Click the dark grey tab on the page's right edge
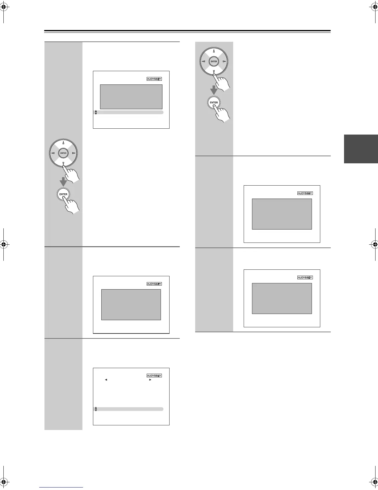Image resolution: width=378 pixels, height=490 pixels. pyautogui.click(x=361, y=149)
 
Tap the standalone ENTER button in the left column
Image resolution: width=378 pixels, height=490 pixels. pyautogui.click(x=63, y=194)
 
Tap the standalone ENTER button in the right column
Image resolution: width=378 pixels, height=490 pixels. pyautogui.click(x=214, y=102)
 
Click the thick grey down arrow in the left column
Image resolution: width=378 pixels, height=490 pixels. pyautogui.click(x=63, y=182)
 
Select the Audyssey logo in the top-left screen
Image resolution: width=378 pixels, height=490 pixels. pyautogui.click(x=154, y=79)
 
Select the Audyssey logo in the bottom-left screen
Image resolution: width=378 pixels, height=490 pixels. pyautogui.click(x=154, y=376)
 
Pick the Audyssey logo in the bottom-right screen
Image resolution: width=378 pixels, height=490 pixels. pyautogui.click(x=305, y=277)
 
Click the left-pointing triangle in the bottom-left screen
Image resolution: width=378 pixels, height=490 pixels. pyautogui.click(x=106, y=380)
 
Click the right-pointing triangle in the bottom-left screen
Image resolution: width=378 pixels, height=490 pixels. pyautogui.click(x=150, y=380)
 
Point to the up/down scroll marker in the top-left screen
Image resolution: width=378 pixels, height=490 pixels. pyautogui.click(x=96, y=112)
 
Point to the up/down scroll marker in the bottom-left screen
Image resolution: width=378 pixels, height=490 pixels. pyautogui.click(x=96, y=409)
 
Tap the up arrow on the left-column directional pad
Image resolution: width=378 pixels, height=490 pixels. pyautogui.click(x=63, y=143)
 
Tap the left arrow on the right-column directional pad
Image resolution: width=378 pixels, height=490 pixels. pyautogui.click(x=204, y=62)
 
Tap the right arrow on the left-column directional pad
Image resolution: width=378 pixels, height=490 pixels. pyautogui.click(x=73, y=153)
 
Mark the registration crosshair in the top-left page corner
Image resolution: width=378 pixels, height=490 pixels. pyautogui.click(x=3, y=8)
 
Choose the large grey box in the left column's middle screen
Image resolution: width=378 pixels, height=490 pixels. pyautogui.click(x=131, y=305)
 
